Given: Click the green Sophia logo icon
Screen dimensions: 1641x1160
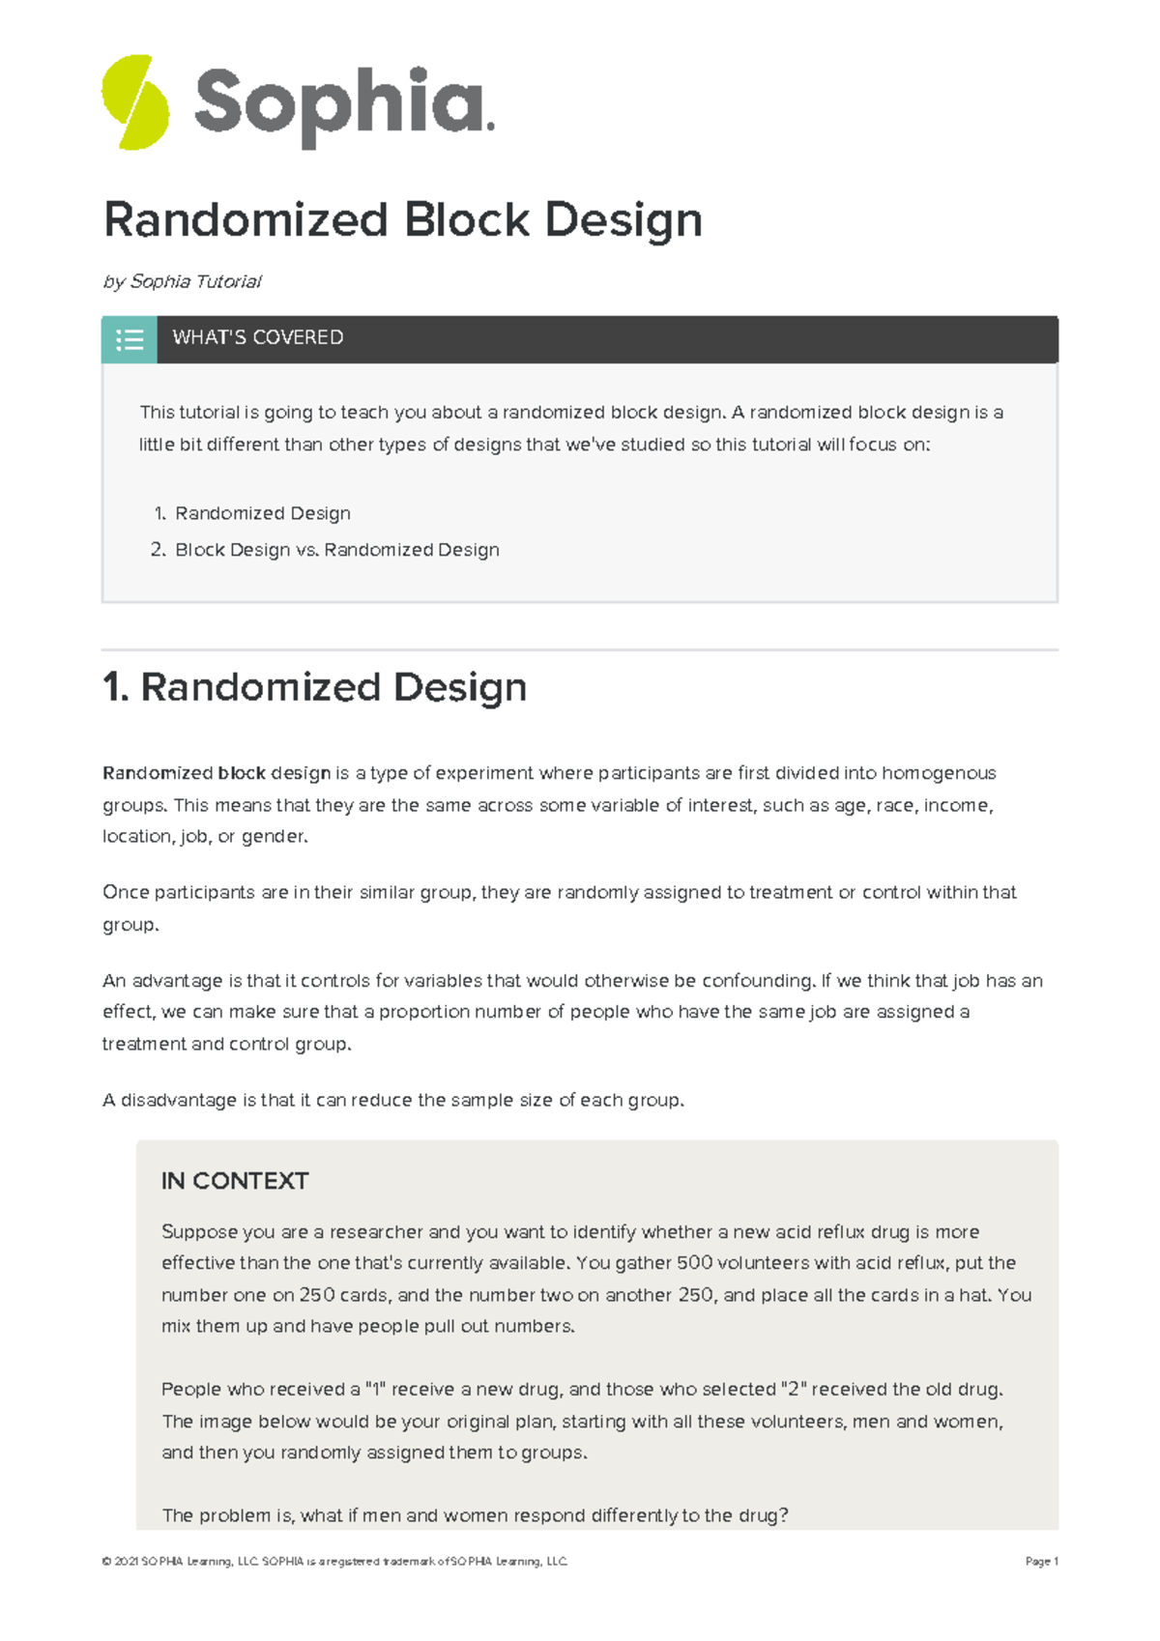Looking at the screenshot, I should pyautogui.click(x=135, y=102).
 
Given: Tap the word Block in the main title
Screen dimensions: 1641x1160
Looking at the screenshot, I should pyautogui.click(x=466, y=219).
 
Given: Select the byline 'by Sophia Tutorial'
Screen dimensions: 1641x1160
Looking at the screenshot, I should pyautogui.click(x=182, y=281).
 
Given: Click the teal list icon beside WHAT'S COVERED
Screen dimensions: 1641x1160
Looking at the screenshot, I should pyautogui.click(x=130, y=339).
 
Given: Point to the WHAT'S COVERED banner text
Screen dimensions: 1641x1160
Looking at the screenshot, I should pyautogui.click(x=257, y=337).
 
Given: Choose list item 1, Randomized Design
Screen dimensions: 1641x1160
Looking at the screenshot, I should pyautogui.click(x=262, y=513).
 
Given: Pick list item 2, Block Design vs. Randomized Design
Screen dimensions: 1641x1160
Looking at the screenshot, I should pyautogui.click(x=336, y=549).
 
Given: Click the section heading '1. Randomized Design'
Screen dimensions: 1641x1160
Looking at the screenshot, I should pyautogui.click(x=314, y=687).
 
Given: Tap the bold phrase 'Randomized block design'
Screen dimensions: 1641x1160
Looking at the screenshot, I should pyautogui.click(x=217, y=773).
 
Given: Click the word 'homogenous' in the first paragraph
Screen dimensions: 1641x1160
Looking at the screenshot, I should pyautogui.click(x=938, y=773).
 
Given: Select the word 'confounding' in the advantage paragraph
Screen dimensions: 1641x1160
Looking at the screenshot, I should pyautogui.click(x=757, y=980).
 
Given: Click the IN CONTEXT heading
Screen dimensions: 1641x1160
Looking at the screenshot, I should pyautogui.click(x=235, y=1181).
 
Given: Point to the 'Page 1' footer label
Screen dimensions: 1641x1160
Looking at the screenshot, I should pyautogui.click(x=1041, y=1561).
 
